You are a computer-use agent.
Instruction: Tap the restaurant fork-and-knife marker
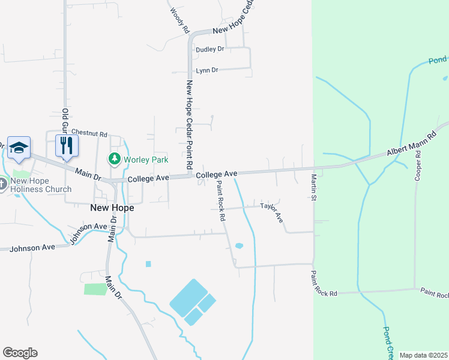tap(67, 146)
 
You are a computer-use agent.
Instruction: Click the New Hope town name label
tap(112, 208)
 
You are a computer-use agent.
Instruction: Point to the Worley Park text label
tap(146, 159)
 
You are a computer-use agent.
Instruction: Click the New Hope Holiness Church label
tap(41, 185)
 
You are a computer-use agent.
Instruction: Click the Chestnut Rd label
tap(89, 133)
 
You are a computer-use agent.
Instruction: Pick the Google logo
tap(20, 353)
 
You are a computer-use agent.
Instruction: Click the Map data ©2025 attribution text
tap(423, 355)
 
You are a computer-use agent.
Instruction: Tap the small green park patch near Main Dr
tap(95, 289)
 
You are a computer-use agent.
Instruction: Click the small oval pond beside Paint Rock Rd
tap(239, 245)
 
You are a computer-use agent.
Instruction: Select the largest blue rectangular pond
tap(188, 298)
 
